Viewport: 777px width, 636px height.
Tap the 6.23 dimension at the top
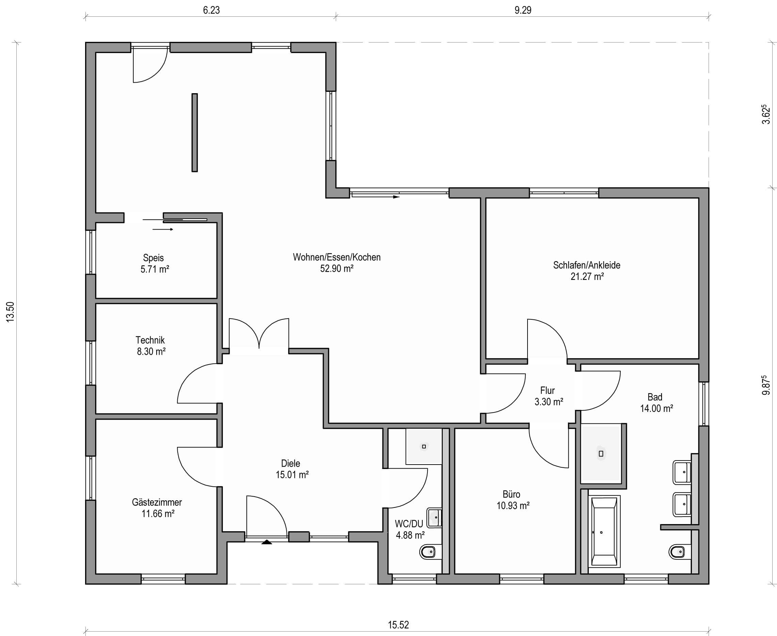pyautogui.click(x=211, y=10)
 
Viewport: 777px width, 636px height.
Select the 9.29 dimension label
pyautogui.click(x=523, y=10)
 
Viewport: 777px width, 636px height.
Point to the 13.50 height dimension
pyautogui.click(x=10, y=312)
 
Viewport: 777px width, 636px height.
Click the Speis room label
pyautogui.click(x=153, y=257)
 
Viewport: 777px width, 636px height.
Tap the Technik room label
pyautogui.click(x=150, y=340)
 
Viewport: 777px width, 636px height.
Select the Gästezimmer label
pyautogui.click(x=157, y=502)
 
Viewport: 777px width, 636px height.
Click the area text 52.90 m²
pyautogui.click(x=337, y=269)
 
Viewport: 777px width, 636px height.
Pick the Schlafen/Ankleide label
pyautogui.click(x=587, y=265)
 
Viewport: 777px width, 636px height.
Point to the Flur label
pyautogui.click(x=548, y=390)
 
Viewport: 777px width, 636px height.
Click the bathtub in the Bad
pyautogui.click(x=604, y=532)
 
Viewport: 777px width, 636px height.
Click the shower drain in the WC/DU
pyautogui.click(x=424, y=446)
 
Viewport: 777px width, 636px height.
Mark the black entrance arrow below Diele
pyautogui.click(x=266, y=542)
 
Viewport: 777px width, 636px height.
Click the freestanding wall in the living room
pyautogui.click(x=195, y=132)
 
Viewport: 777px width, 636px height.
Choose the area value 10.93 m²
pyautogui.click(x=513, y=506)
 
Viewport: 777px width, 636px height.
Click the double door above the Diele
pyautogui.click(x=259, y=334)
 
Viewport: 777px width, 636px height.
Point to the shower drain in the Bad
pyautogui.click(x=601, y=454)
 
